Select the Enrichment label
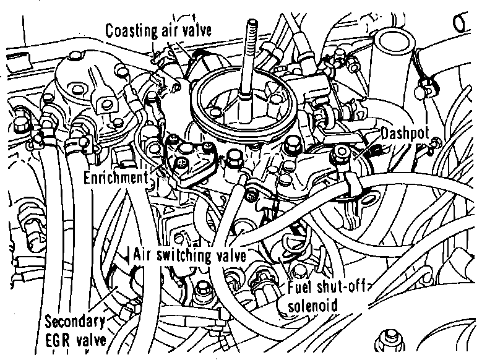[116, 178]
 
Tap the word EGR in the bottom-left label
[58, 340]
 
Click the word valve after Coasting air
[197, 30]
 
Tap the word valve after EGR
[92, 340]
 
